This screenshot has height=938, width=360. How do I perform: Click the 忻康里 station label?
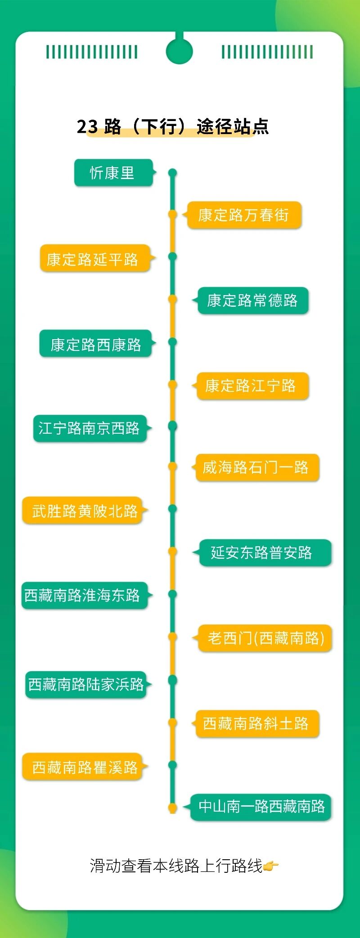point(113,173)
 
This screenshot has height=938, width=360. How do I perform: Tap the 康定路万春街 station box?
point(243,215)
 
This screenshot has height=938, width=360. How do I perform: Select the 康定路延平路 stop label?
point(93,259)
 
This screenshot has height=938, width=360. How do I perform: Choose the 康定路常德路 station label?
point(252,301)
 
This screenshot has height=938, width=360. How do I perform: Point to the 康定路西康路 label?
point(95,344)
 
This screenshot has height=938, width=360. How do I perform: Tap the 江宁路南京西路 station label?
point(90,428)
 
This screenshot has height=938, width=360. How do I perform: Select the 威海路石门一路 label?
point(256,468)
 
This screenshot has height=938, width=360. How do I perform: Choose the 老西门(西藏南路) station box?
point(265,638)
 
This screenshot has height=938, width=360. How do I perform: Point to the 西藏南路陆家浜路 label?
point(86,684)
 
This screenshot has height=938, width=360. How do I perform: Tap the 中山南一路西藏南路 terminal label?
point(261,807)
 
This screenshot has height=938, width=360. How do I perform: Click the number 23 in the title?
point(87,127)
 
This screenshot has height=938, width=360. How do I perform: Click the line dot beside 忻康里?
point(172,173)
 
